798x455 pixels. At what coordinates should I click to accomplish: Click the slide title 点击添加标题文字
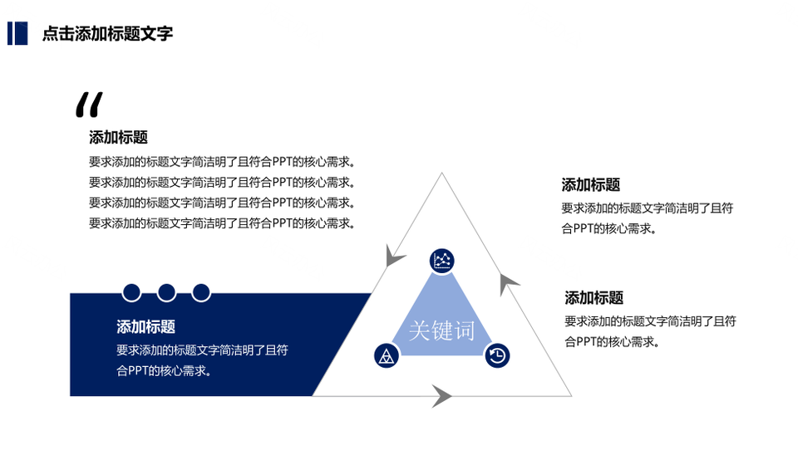coord(107,33)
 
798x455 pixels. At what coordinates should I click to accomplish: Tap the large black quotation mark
coord(89,105)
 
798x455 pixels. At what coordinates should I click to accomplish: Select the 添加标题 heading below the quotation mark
coord(118,137)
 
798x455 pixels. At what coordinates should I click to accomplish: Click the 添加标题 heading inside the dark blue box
coord(145,326)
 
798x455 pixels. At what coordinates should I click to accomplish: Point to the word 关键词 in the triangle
coord(441,330)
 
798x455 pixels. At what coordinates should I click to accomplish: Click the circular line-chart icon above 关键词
coord(441,261)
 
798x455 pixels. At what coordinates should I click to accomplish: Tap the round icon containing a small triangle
coord(387,355)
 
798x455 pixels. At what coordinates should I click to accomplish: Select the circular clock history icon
coord(497,355)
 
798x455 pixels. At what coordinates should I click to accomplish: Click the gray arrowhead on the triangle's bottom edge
coord(441,396)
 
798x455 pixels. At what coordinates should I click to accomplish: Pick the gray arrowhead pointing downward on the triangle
coord(394,256)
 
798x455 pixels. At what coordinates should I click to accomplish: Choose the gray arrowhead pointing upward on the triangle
coord(507,284)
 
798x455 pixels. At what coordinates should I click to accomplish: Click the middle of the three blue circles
coord(166,293)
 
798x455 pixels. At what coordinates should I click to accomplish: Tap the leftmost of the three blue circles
coord(131,293)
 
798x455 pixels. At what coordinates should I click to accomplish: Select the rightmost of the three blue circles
coord(201,293)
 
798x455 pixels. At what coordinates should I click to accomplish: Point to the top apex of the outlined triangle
coord(441,173)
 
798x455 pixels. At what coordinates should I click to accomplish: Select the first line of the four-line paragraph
coord(222,162)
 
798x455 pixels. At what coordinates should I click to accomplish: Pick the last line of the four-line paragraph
coord(222,223)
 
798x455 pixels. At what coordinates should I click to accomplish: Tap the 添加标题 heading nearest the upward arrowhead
coord(594,298)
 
